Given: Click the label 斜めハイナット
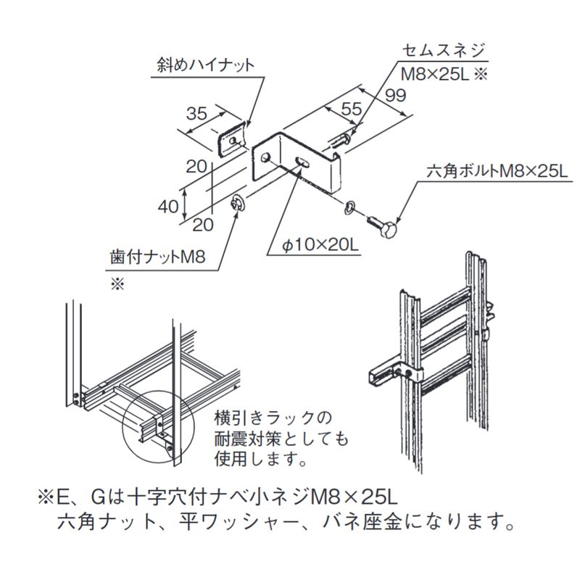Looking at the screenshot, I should coord(206,65).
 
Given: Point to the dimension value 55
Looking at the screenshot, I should coord(351,109).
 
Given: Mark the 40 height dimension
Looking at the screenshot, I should coord(167,207).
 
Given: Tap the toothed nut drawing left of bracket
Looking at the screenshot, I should coord(238,203).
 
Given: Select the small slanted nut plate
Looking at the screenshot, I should coord(233,138).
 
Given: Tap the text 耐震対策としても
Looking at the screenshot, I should coord(280,439).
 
